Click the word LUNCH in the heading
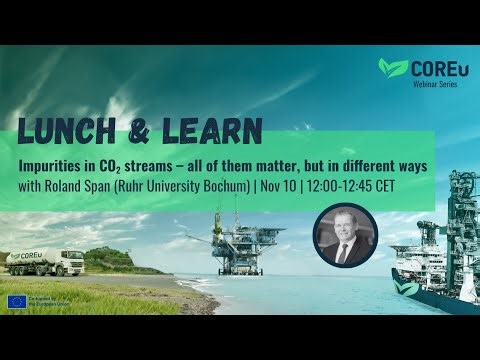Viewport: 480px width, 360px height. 61,130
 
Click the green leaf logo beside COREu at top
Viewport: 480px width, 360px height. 393,69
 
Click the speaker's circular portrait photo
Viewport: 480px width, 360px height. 343,234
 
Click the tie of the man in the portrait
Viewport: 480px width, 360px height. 343,253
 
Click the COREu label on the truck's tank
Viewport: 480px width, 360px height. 36,255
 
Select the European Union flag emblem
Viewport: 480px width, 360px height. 17,301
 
